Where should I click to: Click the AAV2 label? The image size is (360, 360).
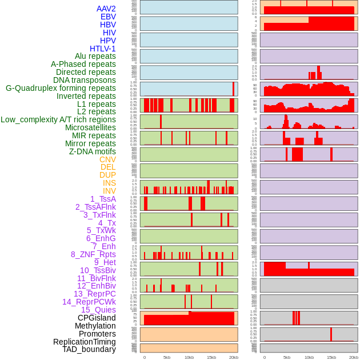tap(106, 9)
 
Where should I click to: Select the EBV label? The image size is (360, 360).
tap(108, 17)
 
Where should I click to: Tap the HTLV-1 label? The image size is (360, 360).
tap(102, 49)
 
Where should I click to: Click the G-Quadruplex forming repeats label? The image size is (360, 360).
tap(61, 88)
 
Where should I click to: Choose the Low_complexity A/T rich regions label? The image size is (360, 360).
tap(58, 119)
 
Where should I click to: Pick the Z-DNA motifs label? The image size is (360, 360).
tap(93, 151)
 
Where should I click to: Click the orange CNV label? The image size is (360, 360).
tap(107, 159)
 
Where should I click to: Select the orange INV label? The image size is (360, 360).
tap(109, 191)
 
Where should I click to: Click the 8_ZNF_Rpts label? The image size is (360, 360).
tap(93, 254)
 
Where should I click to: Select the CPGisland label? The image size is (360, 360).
tap(97, 318)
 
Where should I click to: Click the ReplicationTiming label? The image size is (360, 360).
tap(85, 342)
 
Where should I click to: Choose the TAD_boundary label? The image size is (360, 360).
tap(89, 349)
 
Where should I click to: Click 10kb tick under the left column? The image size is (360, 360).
tap(189, 357)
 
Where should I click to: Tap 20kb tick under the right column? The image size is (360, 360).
tap(354, 357)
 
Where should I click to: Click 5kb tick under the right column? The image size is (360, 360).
tap(287, 357)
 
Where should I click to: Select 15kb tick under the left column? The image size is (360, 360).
tap(211, 357)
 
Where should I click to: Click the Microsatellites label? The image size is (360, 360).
tap(90, 127)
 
